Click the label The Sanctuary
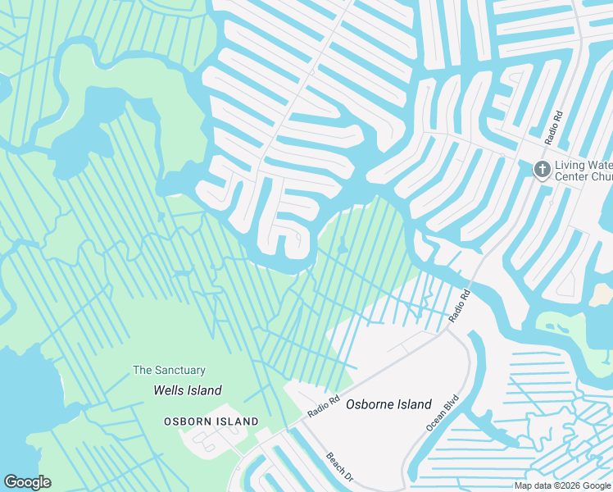(x=169, y=371)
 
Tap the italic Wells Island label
(x=188, y=390)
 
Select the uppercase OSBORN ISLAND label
(x=211, y=421)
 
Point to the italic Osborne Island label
(x=388, y=404)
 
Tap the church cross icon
(x=541, y=170)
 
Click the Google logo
(x=27, y=482)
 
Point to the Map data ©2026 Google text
(x=563, y=485)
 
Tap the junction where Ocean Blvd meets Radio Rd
(x=450, y=330)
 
